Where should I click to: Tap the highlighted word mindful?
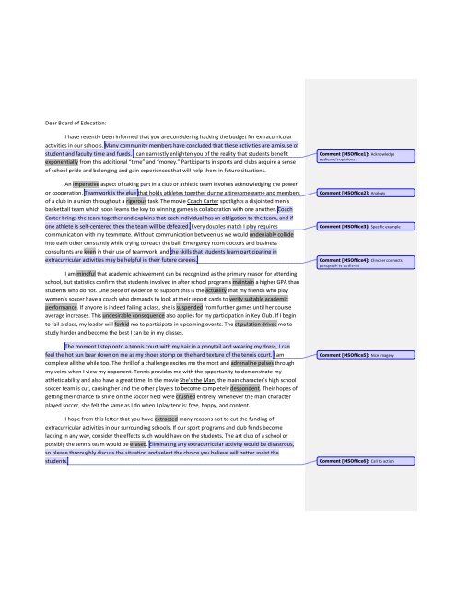(x=73, y=275)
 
